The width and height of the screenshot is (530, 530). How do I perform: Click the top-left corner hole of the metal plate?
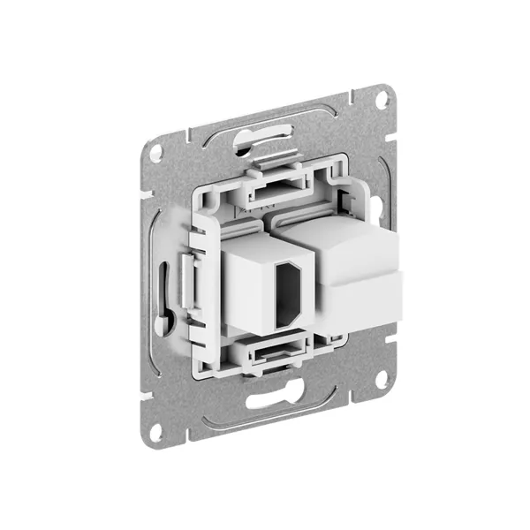click(155, 152)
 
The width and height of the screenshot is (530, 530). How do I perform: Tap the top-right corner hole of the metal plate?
click(381, 99)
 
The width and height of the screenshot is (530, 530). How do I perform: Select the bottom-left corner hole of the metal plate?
click(155, 432)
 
